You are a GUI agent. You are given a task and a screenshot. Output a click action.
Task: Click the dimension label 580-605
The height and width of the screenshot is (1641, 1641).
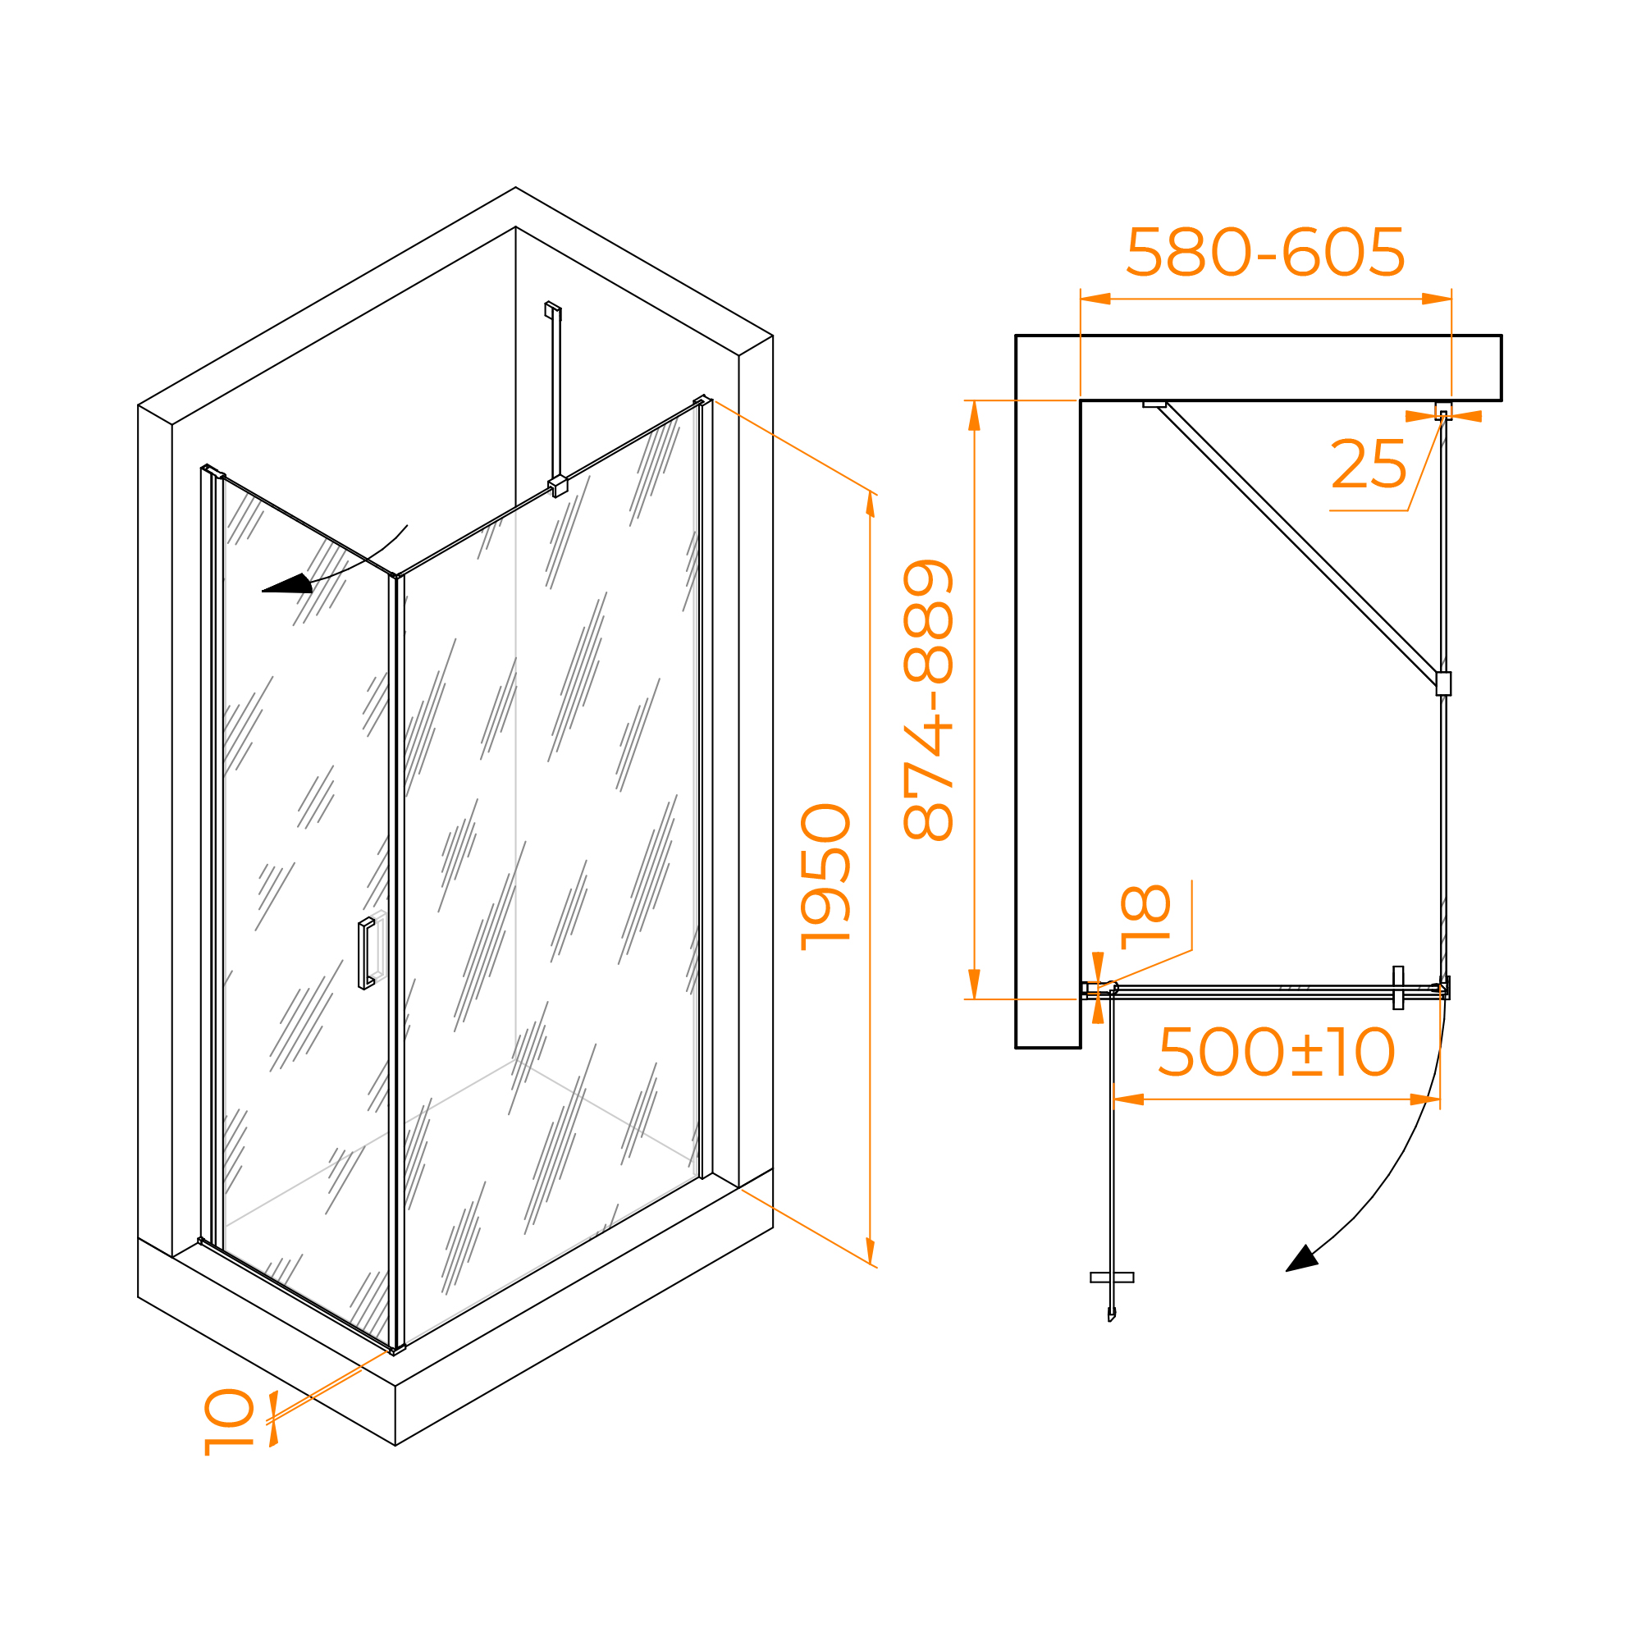tap(1264, 252)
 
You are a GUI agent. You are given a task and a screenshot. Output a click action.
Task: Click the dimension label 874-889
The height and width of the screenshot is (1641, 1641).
tap(928, 700)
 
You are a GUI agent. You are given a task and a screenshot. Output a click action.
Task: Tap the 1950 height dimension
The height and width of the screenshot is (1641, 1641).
tap(825, 876)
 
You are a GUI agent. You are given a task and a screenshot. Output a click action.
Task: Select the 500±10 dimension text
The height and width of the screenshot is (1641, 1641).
tap(1276, 1052)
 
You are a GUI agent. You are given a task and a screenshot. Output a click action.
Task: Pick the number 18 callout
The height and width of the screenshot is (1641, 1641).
tap(1145, 916)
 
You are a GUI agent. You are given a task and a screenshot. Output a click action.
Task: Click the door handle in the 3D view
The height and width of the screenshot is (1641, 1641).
tap(366, 954)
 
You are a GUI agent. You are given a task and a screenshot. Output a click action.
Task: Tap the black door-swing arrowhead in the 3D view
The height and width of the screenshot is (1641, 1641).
tap(287, 583)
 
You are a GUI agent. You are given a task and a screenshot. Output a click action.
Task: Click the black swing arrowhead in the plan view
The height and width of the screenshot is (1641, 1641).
tap(1302, 1259)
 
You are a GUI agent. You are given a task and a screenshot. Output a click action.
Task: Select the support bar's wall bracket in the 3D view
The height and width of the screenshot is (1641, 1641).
tap(553, 310)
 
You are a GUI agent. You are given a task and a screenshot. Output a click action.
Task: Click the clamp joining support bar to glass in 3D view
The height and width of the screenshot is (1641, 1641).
tap(557, 486)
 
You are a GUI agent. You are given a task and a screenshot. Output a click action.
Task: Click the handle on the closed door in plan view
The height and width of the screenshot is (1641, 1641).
tap(1398, 988)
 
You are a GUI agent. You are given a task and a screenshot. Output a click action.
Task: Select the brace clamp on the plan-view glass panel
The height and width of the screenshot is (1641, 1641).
tap(1443, 683)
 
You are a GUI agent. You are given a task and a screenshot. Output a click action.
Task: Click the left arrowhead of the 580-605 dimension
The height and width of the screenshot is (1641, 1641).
tap(1095, 299)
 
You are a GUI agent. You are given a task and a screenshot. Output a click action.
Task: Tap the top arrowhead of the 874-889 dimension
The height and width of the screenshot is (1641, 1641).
tap(974, 415)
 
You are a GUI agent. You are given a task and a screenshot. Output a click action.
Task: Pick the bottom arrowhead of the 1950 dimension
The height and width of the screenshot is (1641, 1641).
tap(871, 1251)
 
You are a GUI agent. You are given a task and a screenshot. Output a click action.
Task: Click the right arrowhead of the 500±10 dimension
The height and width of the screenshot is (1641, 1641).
tap(1425, 1100)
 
